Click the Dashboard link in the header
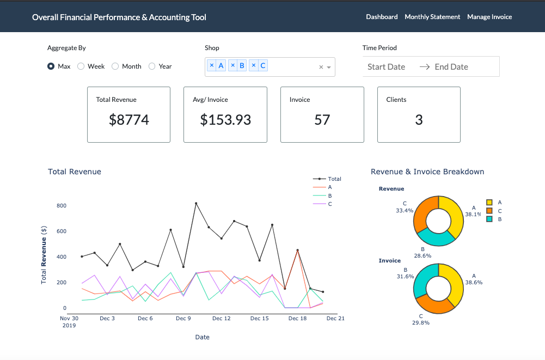point(382,17)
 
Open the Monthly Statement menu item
point(432,17)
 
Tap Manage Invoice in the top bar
point(489,17)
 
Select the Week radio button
point(81,66)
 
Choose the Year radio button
point(152,66)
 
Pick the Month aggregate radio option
point(115,66)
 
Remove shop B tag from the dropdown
point(233,66)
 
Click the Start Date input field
point(386,67)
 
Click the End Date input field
point(451,67)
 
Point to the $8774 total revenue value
point(129,120)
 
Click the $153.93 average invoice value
point(225,120)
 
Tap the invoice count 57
point(322,120)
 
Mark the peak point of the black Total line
point(196,203)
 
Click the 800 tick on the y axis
point(61,206)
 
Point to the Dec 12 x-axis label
point(222,319)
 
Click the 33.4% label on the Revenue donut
point(405,210)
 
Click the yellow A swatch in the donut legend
point(489,202)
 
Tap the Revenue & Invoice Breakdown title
point(427,172)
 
